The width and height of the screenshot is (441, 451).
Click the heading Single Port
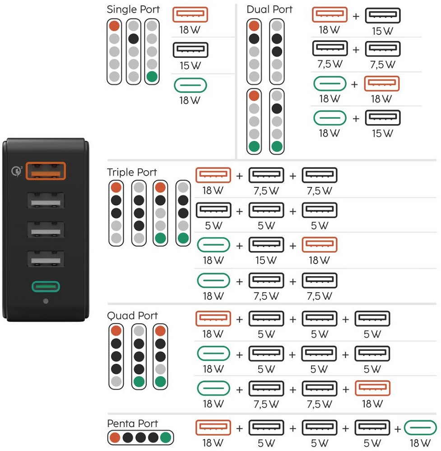coord(133,9)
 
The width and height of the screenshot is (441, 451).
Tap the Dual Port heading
coord(269,9)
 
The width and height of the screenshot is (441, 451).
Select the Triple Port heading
coord(132,172)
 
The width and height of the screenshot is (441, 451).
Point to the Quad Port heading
coord(132,315)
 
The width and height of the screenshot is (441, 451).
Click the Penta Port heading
coord(132,423)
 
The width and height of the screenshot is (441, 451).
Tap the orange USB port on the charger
coord(46,172)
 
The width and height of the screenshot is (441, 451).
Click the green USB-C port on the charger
coord(46,287)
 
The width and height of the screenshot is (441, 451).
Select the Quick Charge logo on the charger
coord(16,172)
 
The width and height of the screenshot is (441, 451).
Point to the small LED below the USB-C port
coord(46,301)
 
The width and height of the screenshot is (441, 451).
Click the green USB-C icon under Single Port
coord(190,85)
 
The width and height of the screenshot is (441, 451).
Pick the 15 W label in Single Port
coord(190,65)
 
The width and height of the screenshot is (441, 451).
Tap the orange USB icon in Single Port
coord(190,15)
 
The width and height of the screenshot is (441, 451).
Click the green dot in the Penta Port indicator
coord(166,437)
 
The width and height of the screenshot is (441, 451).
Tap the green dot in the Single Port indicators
coord(152,76)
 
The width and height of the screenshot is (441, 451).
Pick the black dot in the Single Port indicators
coord(133,38)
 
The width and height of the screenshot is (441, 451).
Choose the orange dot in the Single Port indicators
coord(115,26)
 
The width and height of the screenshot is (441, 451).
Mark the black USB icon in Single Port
coord(190,50)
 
